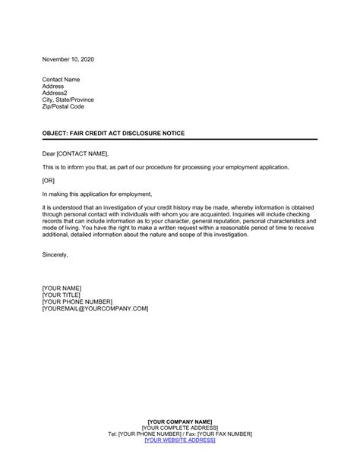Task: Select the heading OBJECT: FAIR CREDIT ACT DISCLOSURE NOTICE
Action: coord(114,133)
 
